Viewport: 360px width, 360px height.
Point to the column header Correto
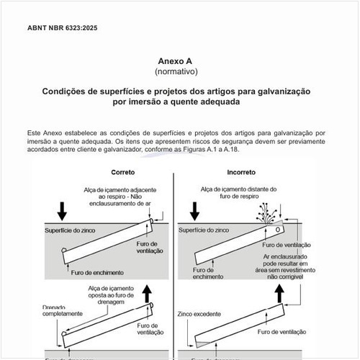pos(123,173)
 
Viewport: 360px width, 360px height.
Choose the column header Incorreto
pos(240,173)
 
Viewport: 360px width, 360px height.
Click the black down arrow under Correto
pos(63,210)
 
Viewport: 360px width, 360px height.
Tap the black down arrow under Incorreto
pos(194,210)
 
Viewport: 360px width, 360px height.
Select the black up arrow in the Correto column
pos(148,293)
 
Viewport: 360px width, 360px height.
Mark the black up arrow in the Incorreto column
pos(279,293)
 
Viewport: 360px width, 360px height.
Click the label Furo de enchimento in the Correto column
pos(98,273)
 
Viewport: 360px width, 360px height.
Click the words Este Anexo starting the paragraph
pos(45,133)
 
